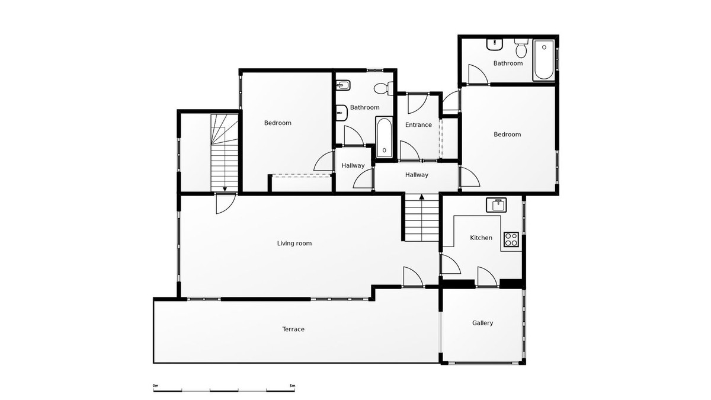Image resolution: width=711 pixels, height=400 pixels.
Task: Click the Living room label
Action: coord(294,244)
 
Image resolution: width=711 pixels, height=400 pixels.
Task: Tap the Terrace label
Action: coord(293,329)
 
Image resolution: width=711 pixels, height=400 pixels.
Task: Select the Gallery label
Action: coord(482,323)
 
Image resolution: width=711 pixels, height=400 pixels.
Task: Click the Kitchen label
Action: coord(481,238)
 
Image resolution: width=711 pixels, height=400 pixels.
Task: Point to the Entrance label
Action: coord(418,125)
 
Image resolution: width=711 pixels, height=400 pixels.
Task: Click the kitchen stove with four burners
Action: coord(511,239)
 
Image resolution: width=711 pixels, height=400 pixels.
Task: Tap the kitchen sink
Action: coord(496,205)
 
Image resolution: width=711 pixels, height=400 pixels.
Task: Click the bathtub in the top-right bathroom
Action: coord(544,60)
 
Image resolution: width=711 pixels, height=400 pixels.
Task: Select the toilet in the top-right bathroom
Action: coord(521,48)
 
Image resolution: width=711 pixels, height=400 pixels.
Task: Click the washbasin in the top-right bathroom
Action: coord(495,44)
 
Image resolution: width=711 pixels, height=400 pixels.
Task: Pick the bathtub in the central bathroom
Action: coord(384,137)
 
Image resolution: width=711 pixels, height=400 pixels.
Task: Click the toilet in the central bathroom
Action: coord(383,88)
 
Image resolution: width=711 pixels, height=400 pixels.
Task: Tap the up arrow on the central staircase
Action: coord(421,197)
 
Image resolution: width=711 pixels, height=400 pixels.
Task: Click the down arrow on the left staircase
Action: coord(225,189)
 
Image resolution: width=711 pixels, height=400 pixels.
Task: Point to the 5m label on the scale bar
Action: coord(292,386)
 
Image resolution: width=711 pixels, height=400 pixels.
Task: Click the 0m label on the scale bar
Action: coord(155,386)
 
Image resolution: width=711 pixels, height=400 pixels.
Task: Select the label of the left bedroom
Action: coord(278,123)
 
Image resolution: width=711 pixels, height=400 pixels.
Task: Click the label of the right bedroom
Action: coord(507,135)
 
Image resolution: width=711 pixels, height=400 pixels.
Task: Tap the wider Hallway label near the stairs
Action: coord(417,175)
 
